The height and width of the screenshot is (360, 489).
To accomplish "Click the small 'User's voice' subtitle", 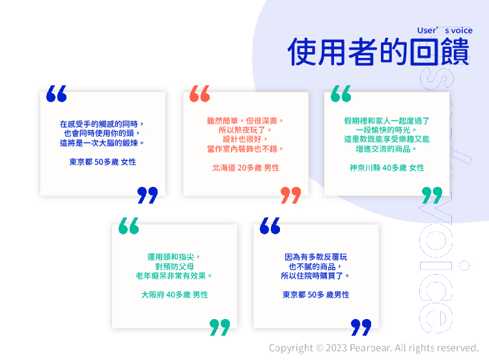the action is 445,31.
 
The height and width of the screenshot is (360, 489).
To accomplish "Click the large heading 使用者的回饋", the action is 378,51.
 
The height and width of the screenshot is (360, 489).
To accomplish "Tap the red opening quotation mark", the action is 200,94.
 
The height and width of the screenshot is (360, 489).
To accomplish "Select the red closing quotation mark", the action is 290,195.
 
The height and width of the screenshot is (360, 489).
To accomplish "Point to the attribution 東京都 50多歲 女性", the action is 103,162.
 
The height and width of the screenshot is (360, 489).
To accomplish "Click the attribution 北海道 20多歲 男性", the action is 245,168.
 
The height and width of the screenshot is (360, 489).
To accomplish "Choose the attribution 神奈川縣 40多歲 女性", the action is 387,168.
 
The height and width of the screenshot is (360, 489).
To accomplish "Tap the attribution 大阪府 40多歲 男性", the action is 175,295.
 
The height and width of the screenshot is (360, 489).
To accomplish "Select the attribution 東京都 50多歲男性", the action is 316,295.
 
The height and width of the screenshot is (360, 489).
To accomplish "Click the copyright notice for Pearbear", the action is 374,348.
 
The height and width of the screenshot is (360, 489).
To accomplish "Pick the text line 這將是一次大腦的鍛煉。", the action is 102,143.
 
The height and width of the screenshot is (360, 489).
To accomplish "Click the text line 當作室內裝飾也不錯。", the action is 245,149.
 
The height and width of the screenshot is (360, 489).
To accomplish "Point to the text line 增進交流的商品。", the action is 386,149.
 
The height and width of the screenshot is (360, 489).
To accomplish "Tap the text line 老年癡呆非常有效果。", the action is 174,276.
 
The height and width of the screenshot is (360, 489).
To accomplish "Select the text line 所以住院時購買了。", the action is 315,276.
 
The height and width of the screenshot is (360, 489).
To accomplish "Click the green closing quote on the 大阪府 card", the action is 219,327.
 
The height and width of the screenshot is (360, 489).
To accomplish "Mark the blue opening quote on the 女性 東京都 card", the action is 57,94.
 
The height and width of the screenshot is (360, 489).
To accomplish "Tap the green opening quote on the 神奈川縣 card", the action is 341,94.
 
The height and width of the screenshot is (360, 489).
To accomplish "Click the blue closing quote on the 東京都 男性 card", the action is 361,327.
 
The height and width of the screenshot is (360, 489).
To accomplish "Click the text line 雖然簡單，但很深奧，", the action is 245,121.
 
